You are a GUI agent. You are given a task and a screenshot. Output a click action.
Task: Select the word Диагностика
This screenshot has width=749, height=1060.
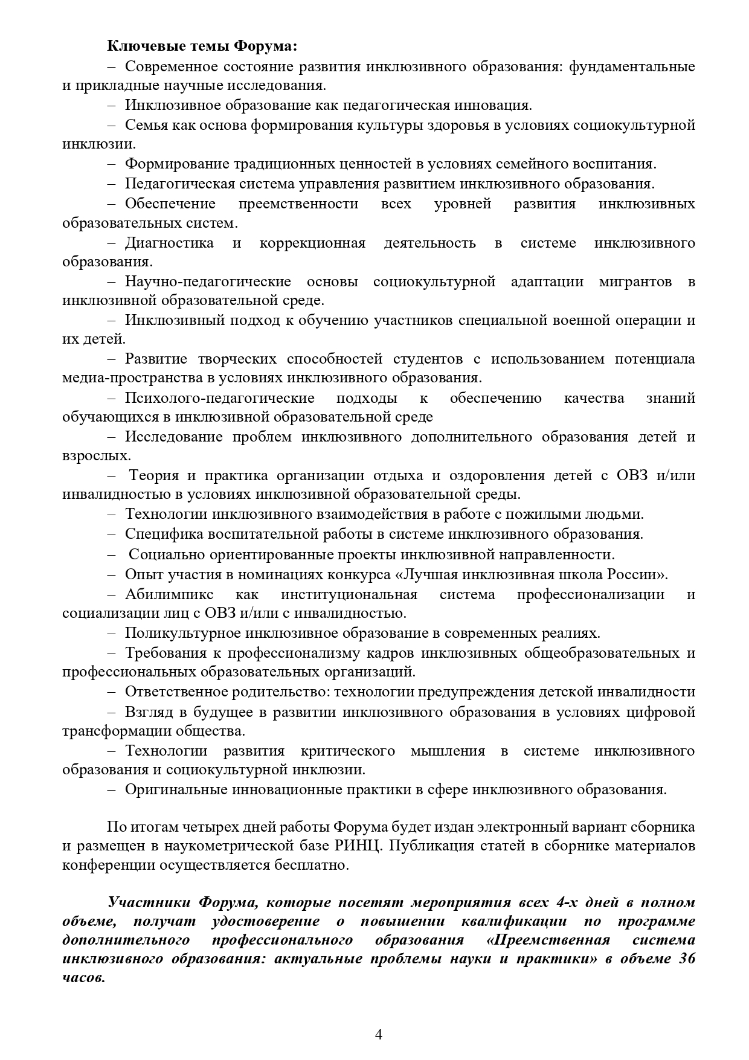click(x=169, y=243)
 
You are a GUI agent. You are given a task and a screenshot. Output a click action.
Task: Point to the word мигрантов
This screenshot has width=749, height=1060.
click(x=636, y=281)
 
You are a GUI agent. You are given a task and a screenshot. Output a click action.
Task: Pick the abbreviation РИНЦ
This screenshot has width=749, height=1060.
click(x=361, y=846)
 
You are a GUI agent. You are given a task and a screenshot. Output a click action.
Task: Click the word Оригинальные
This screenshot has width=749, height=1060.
click(x=172, y=789)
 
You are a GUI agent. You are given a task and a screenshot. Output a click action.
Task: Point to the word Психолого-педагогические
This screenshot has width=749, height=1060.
click(x=220, y=398)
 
